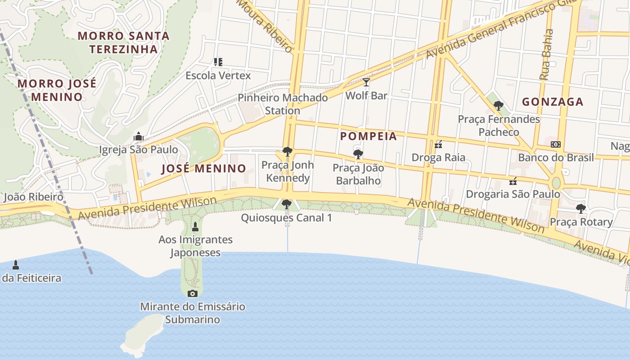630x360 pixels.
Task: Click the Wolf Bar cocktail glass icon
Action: (x=366, y=82)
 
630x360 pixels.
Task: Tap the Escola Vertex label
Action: (x=218, y=75)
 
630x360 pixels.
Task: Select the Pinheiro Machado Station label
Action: (x=283, y=104)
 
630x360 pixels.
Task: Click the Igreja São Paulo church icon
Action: (x=138, y=136)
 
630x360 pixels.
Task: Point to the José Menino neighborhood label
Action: (x=204, y=169)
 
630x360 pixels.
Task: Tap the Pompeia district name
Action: (x=369, y=136)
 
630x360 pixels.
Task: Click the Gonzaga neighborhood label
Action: (x=553, y=102)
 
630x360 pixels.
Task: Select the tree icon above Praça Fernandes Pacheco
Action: (x=498, y=106)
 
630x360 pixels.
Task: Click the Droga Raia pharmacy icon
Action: (x=438, y=144)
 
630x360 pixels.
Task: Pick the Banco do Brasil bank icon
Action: (x=556, y=144)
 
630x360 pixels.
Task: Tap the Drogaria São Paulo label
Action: (x=513, y=194)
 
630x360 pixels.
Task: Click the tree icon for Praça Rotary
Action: (x=581, y=209)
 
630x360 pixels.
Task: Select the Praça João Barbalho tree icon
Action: (x=358, y=155)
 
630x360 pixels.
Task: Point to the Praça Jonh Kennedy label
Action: (x=288, y=171)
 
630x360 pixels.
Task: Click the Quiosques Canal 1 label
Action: (x=287, y=218)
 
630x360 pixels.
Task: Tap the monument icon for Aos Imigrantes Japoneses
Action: (x=195, y=226)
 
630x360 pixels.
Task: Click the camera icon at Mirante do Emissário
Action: (x=193, y=293)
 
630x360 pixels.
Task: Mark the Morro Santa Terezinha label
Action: (x=124, y=42)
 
